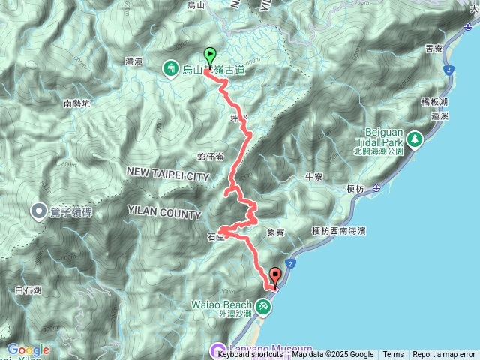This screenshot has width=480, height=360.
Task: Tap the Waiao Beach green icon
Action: pos(263,306)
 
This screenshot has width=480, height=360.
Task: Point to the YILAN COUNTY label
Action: pos(164,214)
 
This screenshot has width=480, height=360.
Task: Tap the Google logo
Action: pos(28,349)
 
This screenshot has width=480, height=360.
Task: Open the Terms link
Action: pos(393,355)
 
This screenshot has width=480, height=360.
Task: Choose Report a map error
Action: pos(444,355)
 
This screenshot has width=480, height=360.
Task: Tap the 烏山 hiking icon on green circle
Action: pos(172,69)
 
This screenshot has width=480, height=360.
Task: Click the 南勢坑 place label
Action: pos(76,104)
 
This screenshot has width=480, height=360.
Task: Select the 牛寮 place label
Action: pos(313,177)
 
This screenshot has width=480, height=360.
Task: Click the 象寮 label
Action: pos(275,233)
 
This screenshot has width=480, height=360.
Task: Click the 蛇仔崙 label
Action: pos(210,157)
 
